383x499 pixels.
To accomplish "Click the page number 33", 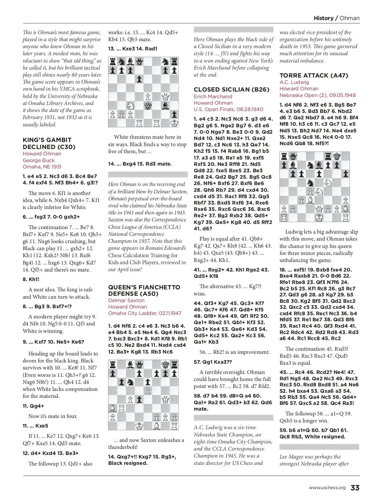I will pos(355,488).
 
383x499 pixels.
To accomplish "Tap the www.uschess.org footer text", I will pos(327,488).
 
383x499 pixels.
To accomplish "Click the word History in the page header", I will pos(323,18).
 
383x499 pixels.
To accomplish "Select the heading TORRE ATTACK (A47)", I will pos(314,76).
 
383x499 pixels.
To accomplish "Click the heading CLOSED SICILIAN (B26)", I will pos(232,90).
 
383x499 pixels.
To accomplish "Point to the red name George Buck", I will pos(39,160).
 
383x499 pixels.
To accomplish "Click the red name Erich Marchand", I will pos(213,96).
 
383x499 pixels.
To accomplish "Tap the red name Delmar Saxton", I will pos(126,300).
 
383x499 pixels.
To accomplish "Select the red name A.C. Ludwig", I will pos(294,82).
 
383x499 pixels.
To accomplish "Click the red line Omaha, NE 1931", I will pos(42,167).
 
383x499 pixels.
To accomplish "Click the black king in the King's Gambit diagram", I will pos(148,105).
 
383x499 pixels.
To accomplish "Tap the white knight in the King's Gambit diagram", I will pos(130,105).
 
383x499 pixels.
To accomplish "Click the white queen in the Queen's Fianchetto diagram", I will pos(165,399).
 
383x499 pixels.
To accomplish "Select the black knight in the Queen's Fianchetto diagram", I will pos(130,382).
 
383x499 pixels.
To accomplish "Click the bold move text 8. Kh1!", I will pos(31,279).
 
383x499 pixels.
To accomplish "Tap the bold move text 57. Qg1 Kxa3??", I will pos(213,362).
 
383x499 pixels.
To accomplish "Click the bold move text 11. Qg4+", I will pos(33,406).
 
